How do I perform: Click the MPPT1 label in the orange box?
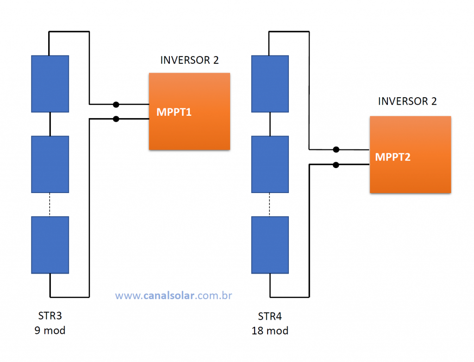click(x=174, y=112)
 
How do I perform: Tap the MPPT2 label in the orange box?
click(x=393, y=157)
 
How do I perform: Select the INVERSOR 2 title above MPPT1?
click(x=189, y=60)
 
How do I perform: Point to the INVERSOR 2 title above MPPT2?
click(x=407, y=101)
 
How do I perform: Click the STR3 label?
click(x=50, y=316)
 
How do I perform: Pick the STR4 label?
click(x=270, y=316)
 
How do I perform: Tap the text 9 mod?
click(x=50, y=330)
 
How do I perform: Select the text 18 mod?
click(x=270, y=331)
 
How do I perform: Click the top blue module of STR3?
click(x=50, y=84)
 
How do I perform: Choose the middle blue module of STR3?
click(x=50, y=164)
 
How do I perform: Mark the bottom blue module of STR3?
click(x=50, y=245)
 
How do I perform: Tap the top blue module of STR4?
click(x=270, y=84)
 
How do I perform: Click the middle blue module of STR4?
click(x=270, y=164)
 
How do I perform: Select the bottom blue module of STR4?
click(x=270, y=245)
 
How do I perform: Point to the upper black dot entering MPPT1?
click(x=116, y=105)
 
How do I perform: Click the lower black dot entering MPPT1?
click(x=116, y=119)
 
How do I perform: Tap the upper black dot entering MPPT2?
click(x=336, y=150)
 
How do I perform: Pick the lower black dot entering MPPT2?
click(x=336, y=165)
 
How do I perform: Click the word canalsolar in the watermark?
click(x=168, y=295)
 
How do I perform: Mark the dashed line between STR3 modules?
click(x=50, y=205)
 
